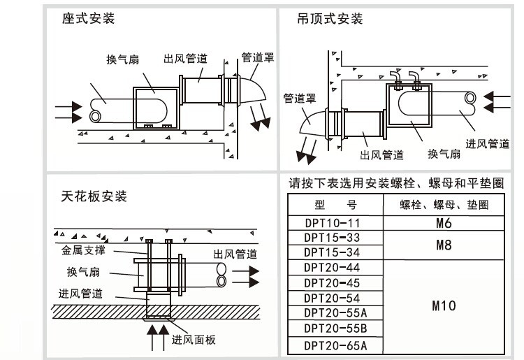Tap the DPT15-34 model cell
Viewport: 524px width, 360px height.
click(335, 252)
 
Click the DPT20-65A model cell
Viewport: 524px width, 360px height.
click(335, 345)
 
